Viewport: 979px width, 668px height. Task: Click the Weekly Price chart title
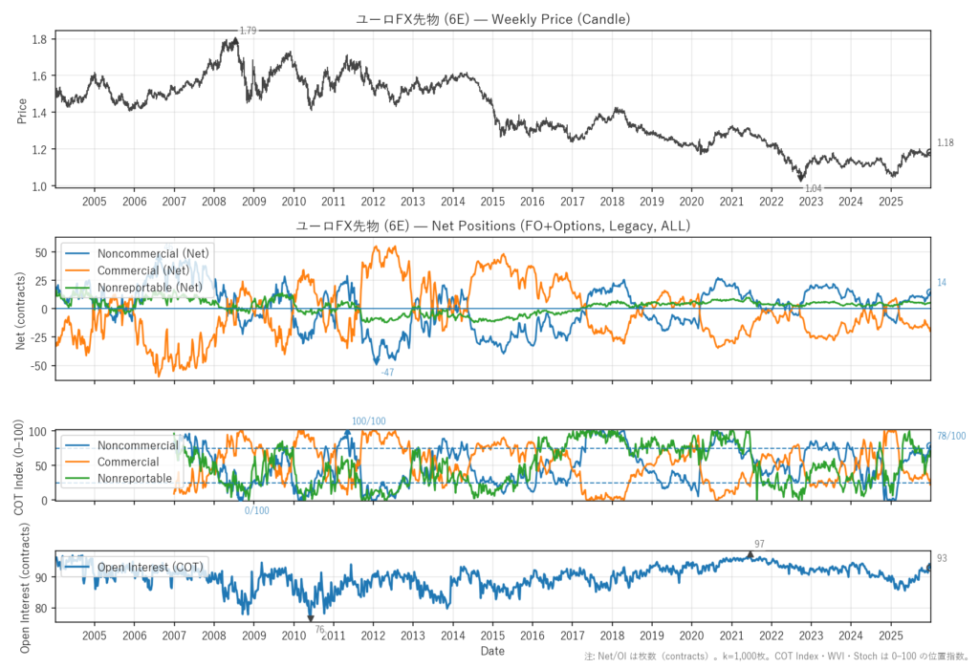point(492,19)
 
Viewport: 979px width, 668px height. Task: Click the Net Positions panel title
point(492,226)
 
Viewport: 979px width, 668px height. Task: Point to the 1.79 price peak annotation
point(248,32)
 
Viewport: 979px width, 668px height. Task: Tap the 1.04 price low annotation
point(814,189)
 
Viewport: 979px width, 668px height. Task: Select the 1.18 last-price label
point(945,143)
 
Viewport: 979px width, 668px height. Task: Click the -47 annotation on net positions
point(387,372)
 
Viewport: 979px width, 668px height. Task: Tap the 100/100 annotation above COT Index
point(369,421)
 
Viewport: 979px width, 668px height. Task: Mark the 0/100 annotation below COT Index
point(257,510)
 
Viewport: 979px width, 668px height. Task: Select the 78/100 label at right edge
point(950,436)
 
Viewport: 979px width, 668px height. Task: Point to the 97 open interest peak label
point(759,543)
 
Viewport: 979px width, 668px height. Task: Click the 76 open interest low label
point(319,629)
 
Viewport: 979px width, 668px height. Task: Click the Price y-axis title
point(22,110)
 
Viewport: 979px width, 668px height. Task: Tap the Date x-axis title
point(492,651)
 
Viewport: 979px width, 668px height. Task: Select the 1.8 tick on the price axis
point(38,39)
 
